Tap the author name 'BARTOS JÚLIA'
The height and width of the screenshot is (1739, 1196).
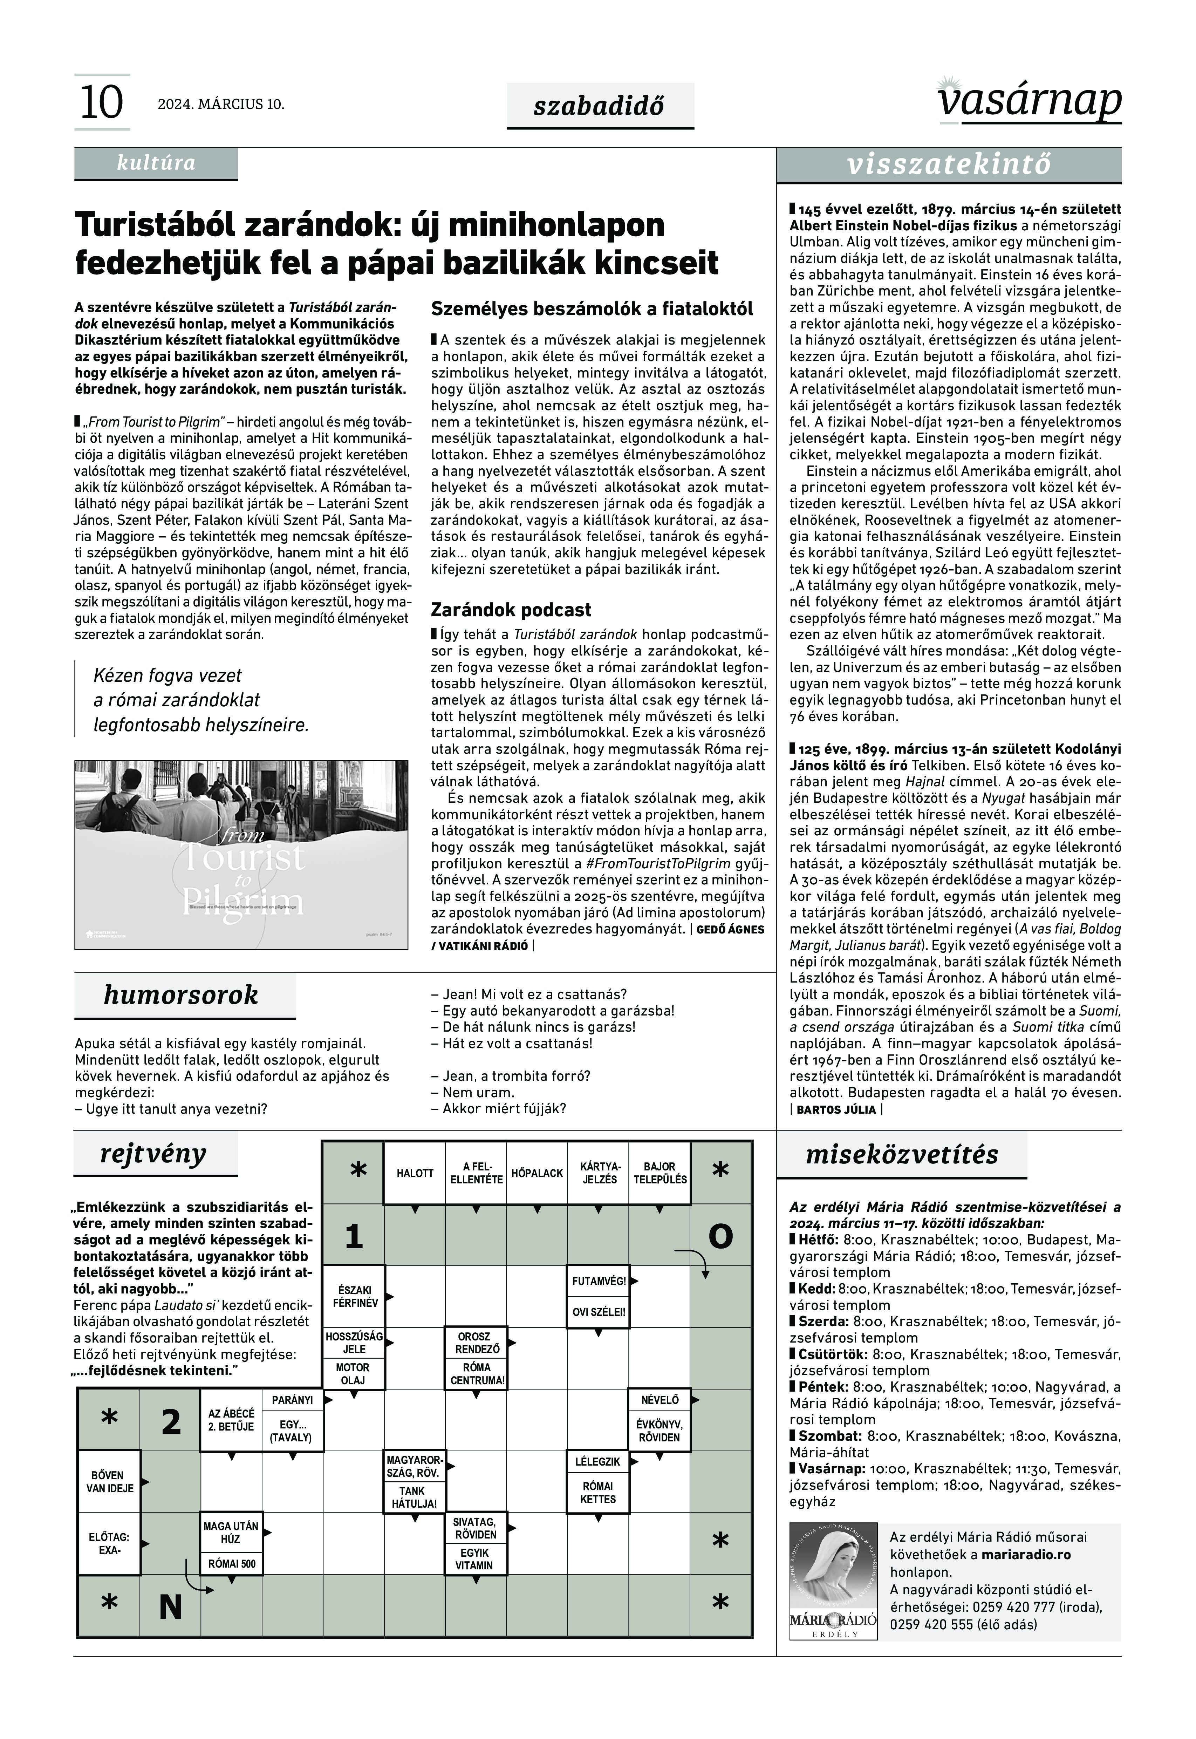coord(835,1109)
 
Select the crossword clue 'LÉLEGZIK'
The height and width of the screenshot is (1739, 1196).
coord(597,1462)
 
